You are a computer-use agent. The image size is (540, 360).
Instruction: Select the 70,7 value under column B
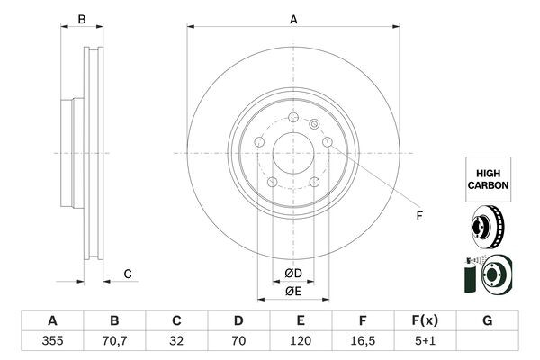tap(114, 343)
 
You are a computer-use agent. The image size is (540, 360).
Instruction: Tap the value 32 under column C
tap(177, 343)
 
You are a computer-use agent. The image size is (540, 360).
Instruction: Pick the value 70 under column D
tap(238, 343)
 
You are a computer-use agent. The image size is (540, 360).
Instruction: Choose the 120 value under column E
tap(301, 343)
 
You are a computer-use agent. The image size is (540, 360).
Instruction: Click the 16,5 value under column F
tap(363, 343)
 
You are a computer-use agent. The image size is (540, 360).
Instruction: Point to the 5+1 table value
tap(425, 343)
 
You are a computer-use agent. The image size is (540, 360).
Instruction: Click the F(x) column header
tap(425, 321)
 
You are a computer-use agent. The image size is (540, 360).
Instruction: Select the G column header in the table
tap(487, 321)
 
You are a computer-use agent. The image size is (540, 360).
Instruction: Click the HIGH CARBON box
tap(488, 177)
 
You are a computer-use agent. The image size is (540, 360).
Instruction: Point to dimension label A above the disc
tap(293, 19)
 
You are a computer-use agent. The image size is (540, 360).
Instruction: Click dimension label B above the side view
tap(81, 19)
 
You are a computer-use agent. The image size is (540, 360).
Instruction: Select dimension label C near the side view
tap(128, 274)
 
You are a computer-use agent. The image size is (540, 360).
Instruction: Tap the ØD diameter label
tap(293, 274)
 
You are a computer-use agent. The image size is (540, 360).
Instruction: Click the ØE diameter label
tap(293, 291)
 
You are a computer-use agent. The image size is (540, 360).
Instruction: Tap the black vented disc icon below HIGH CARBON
tap(487, 228)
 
